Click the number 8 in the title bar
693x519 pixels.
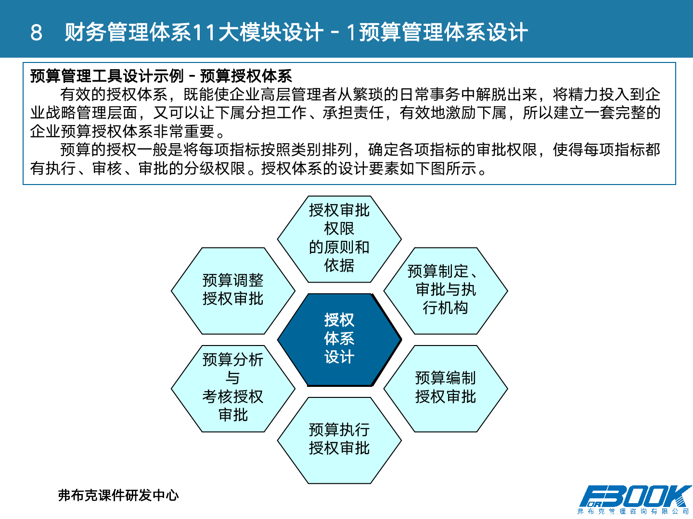coord(36,33)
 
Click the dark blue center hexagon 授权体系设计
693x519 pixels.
coord(339,339)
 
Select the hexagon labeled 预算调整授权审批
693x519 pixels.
coord(233,290)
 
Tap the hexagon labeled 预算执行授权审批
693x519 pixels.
coord(339,439)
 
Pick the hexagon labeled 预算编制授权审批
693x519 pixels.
coord(445,388)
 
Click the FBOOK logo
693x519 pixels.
coord(635,496)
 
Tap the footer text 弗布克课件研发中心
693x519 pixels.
coord(118,495)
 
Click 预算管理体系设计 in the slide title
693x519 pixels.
coord(443,33)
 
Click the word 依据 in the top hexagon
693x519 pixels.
coord(339,265)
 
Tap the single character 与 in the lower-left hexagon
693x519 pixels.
coord(233,378)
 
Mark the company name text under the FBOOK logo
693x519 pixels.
coord(633,511)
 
